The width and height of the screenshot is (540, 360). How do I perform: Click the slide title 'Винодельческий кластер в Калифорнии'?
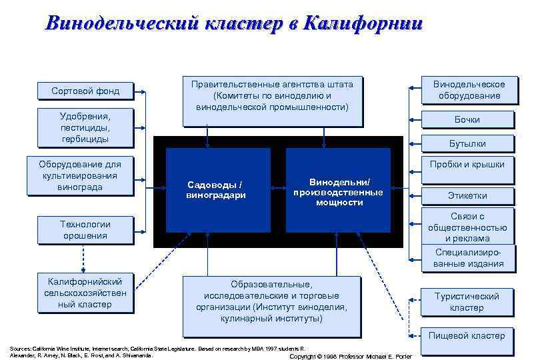click(233, 24)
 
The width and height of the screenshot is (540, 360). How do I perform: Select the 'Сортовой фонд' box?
click(85, 91)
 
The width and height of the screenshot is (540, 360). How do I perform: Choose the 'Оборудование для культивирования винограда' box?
click(80, 176)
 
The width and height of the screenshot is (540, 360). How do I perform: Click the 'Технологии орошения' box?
click(85, 230)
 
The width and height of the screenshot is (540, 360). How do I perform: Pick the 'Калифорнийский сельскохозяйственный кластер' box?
click(85, 292)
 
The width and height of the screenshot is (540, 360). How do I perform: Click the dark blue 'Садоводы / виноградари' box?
click(217, 190)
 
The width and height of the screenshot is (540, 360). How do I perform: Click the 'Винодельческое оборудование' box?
click(469, 90)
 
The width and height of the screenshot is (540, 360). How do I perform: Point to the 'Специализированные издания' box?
click(469, 257)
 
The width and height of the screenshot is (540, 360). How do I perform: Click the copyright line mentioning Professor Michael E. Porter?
click(351, 356)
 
